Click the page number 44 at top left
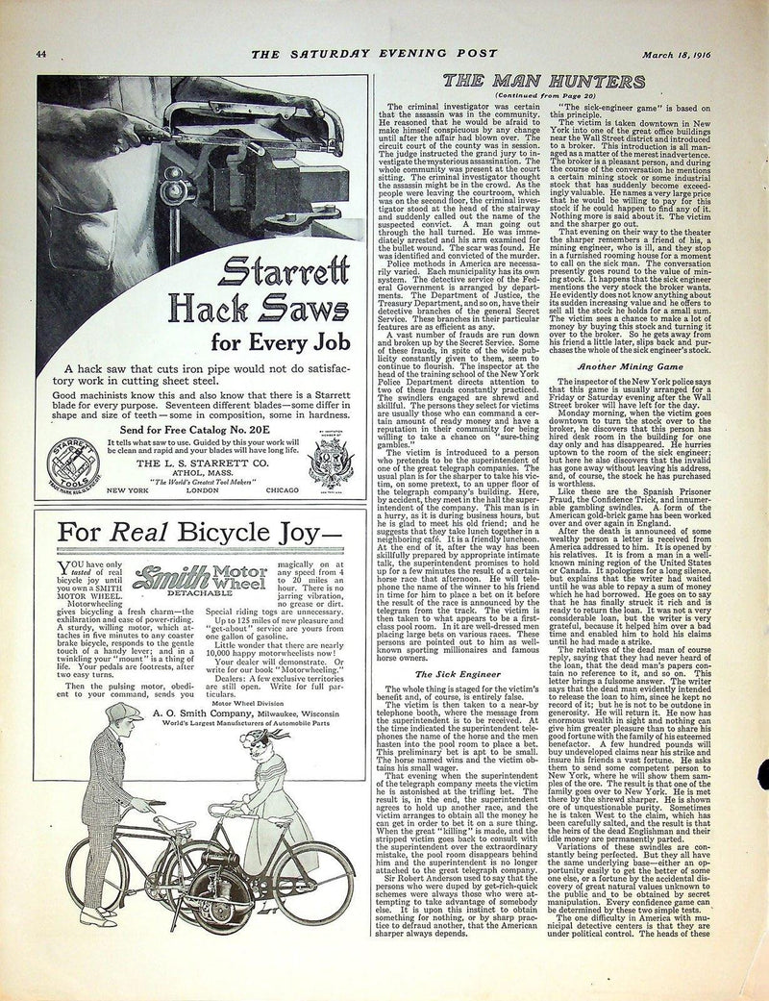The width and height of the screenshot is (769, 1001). tap(42, 53)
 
